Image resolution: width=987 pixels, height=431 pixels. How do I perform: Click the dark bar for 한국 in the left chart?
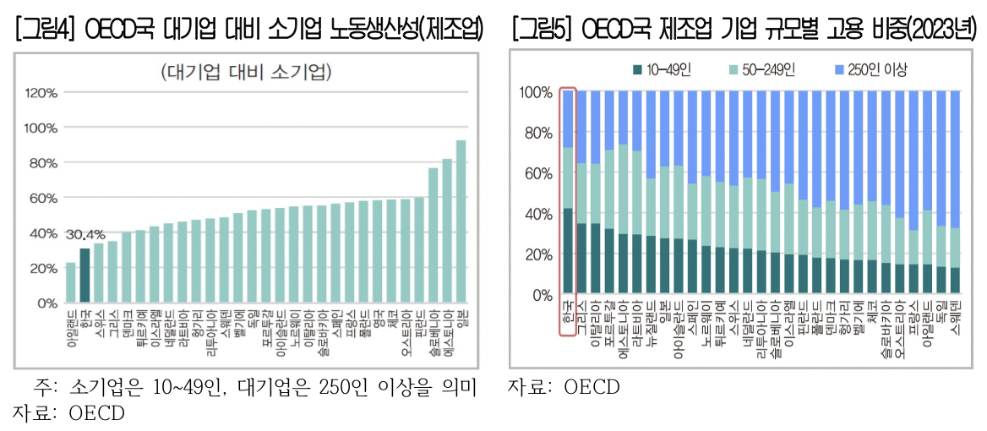click(x=85, y=276)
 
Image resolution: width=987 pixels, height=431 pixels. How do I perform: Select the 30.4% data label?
click(x=85, y=234)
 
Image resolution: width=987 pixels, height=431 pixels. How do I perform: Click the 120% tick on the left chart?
click(x=41, y=92)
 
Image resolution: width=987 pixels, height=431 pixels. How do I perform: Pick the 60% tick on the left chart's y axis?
click(x=43, y=198)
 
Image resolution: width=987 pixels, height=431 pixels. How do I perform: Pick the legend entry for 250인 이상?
click(x=870, y=70)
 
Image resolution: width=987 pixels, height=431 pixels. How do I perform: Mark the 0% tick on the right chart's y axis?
click(x=541, y=296)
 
